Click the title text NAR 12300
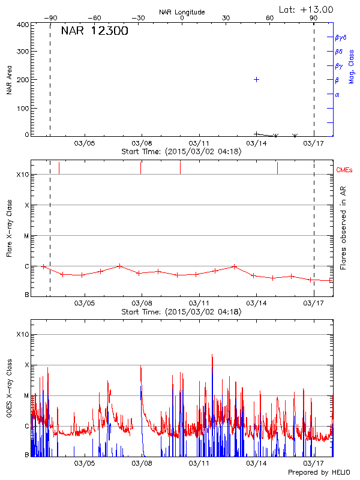point(95,32)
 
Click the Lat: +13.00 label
point(307,10)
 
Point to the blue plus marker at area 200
point(256,79)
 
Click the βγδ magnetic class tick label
point(341,37)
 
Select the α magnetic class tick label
point(337,94)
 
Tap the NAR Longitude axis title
point(182,12)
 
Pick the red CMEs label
point(344,170)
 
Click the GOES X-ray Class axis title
point(10,391)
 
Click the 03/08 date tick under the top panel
point(142,143)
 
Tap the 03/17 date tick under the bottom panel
point(314,463)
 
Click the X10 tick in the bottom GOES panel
point(22,334)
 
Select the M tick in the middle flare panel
point(26,236)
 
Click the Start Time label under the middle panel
point(181,312)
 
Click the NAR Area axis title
point(10,80)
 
